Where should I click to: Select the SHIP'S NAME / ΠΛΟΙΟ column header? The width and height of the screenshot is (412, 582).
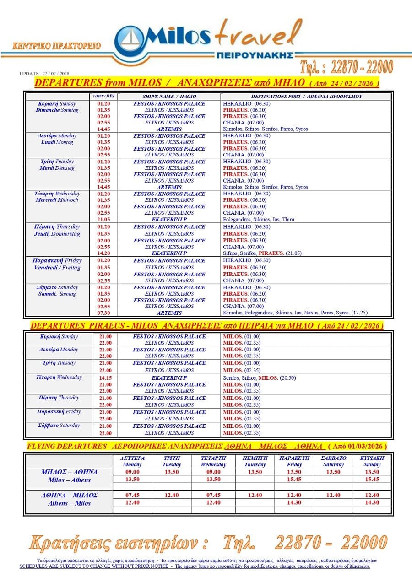169,97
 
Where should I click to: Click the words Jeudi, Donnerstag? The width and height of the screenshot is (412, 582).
57,234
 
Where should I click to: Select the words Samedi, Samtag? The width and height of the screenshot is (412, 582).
57,294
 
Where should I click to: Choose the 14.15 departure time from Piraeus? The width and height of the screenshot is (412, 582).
105,378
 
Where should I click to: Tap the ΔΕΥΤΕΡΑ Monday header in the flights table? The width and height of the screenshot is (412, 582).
132,461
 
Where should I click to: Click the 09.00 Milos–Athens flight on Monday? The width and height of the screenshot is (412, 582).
132,472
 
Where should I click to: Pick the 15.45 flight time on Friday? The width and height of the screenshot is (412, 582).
294,479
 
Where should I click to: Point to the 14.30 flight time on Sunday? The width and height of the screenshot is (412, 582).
372,502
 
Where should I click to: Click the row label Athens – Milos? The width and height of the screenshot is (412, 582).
69,503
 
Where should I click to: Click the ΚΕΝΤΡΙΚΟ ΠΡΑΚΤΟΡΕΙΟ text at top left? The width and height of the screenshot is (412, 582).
57,46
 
